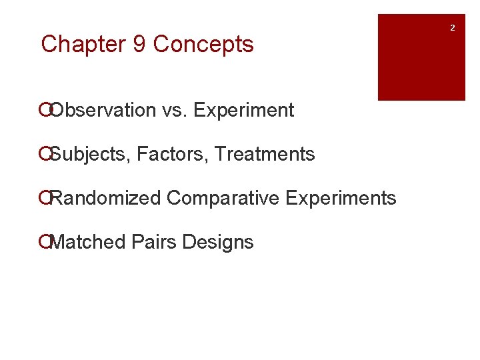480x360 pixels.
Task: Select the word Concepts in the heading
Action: point(203,45)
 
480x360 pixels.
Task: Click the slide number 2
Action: point(452,28)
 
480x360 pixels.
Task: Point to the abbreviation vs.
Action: point(175,111)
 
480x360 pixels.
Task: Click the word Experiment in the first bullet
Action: point(243,111)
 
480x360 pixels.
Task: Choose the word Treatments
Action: point(265,155)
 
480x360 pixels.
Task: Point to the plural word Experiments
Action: point(341,199)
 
